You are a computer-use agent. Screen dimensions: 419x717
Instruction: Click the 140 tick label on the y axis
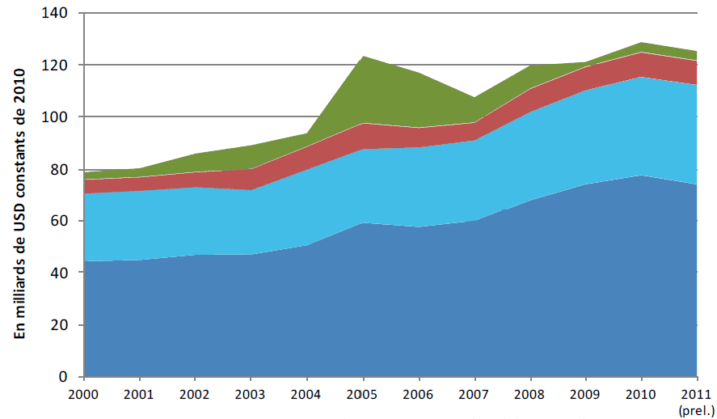tap(62, 13)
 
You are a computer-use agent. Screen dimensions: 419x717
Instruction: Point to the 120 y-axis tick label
tap(62, 65)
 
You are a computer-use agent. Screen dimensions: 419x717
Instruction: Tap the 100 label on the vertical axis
tap(62, 116)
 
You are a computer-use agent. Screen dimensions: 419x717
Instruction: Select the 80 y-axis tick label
tap(65, 169)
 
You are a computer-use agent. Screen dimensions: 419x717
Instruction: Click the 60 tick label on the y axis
tap(65, 221)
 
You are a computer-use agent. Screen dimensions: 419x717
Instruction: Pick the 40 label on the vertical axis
tap(65, 273)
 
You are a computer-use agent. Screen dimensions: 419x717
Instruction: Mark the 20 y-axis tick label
tap(65, 325)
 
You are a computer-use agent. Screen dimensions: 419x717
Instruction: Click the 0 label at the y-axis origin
tap(70, 377)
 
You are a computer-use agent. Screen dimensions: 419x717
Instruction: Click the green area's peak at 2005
tap(363, 57)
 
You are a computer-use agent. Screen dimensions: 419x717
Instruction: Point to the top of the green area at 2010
tap(642, 42)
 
